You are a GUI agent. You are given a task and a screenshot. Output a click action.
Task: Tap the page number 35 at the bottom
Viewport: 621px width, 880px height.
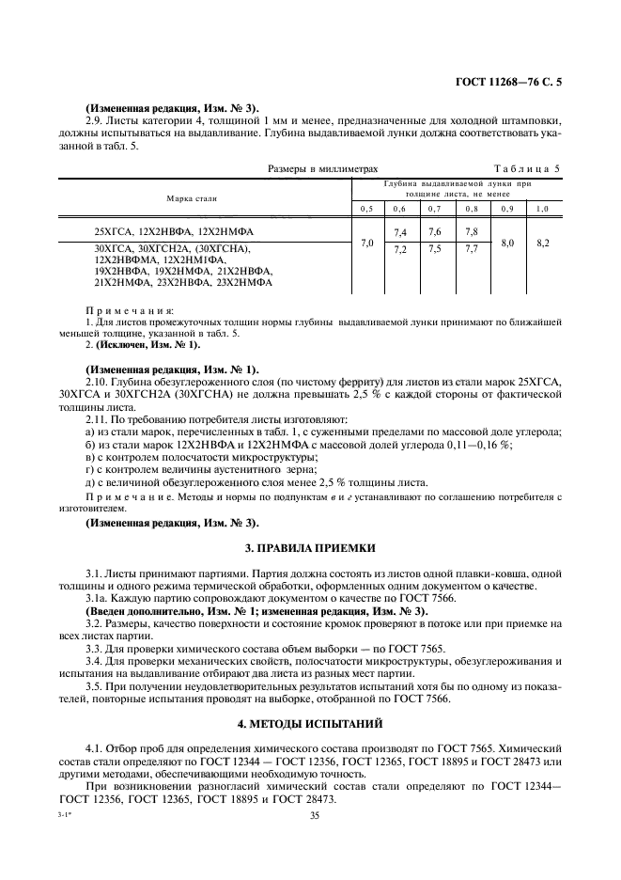tap(315, 816)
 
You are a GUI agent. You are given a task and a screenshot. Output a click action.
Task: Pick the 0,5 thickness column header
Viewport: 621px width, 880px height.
tap(365, 208)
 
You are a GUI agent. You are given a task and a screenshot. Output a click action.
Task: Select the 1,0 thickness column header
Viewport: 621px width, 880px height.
tap(542, 208)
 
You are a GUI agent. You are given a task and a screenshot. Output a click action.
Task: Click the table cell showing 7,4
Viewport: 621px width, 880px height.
tap(399, 232)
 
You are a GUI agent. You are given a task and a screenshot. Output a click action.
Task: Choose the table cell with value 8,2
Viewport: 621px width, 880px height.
tap(542, 243)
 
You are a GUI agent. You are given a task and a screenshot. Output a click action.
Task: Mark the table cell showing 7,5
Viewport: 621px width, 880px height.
tap(435, 250)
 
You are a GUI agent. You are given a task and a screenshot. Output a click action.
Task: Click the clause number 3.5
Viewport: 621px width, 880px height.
tap(95, 685)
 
